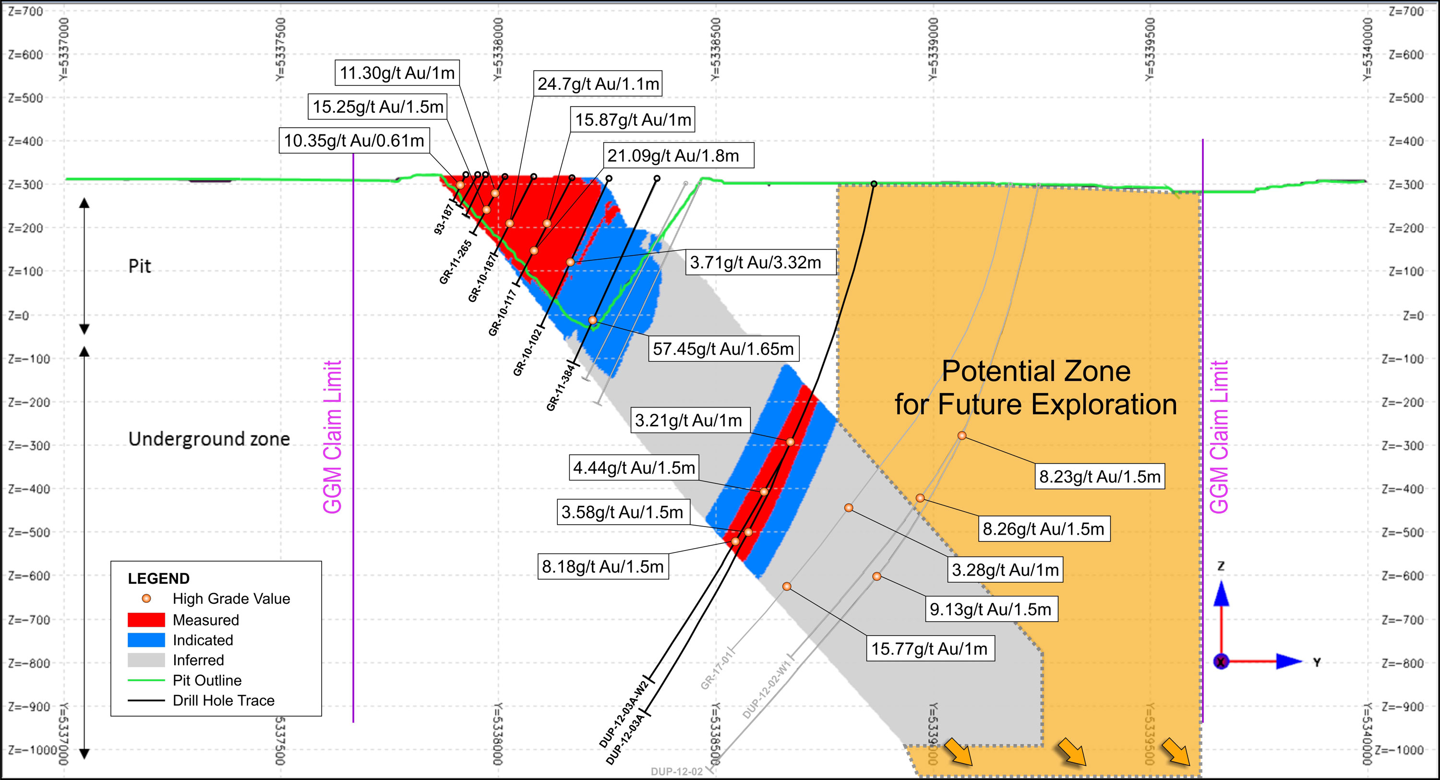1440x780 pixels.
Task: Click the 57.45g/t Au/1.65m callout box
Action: tap(723, 349)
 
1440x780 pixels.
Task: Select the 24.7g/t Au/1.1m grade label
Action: tap(598, 84)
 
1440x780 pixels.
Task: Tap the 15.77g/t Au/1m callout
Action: tap(930, 648)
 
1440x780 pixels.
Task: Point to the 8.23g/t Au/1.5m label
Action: tap(1100, 476)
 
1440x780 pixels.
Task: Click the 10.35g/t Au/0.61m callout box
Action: tap(354, 140)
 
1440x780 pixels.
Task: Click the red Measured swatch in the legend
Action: tap(146, 620)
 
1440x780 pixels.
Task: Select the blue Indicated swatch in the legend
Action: tap(146, 640)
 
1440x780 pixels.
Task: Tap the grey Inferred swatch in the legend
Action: tap(146, 660)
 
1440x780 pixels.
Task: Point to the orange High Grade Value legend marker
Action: tap(146, 598)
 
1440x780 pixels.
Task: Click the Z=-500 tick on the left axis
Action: tap(26, 532)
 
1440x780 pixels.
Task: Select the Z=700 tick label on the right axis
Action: tap(1406, 11)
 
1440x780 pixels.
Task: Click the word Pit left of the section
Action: tap(139, 266)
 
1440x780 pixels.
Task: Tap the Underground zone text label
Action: tap(209, 439)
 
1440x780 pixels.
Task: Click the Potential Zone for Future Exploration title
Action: tap(1036, 387)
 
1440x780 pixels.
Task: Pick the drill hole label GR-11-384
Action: tap(561, 386)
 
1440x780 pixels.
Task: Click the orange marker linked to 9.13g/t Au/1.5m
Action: tap(876, 576)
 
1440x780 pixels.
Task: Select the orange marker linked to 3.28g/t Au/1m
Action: tap(849, 508)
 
